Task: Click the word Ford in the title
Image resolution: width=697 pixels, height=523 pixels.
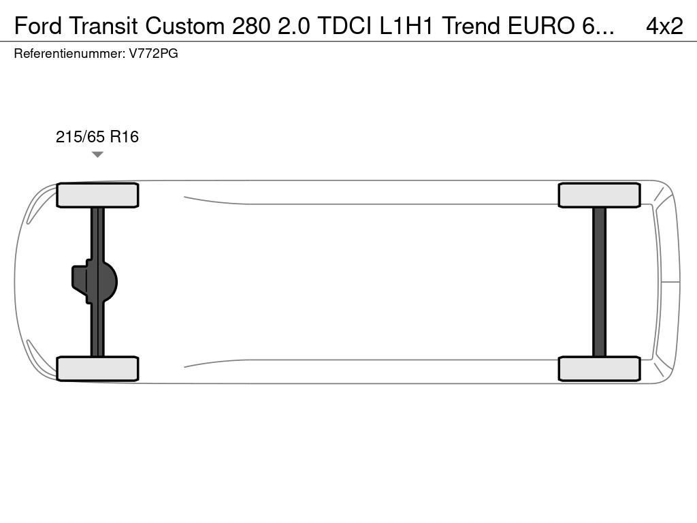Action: [38, 27]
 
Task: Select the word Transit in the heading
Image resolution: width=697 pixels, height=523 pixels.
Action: [103, 27]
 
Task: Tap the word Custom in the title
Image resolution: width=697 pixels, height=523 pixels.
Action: [185, 27]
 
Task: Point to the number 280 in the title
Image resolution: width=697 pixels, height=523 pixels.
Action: [250, 27]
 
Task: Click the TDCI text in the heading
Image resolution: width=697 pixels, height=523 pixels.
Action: [344, 27]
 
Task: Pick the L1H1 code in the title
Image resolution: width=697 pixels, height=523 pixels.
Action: [406, 27]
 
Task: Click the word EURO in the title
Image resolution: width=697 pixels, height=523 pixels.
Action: [541, 27]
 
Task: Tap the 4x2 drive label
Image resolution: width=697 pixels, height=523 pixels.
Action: [664, 27]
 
